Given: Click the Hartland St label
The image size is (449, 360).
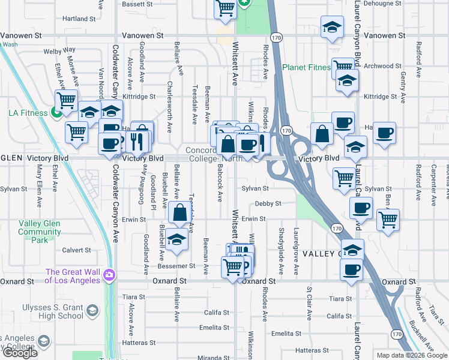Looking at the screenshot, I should click(x=79, y=19).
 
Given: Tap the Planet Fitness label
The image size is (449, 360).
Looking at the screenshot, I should click(x=306, y=68).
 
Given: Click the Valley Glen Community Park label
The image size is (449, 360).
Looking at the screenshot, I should click(x=40, y=232).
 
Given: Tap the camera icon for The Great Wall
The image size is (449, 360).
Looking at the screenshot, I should click(x=110, y=275).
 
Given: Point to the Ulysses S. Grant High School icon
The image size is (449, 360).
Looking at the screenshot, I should click(x=92, y=310).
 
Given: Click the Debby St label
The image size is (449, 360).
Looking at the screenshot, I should click(x=267, y=204).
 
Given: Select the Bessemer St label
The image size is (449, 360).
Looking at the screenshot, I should click(x=176, y=266).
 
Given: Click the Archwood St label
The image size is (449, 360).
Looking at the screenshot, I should click(x=382, y=66).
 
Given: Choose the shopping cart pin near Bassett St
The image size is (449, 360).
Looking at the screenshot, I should click(x=225, y=8).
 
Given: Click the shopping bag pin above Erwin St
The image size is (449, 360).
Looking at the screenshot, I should click(x=180, y=212).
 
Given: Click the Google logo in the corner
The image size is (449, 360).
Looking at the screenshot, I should click(x=20, y=353).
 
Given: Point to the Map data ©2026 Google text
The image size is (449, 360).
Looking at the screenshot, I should click(x=411, y=355).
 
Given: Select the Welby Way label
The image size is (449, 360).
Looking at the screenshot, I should click(x=59, y=51).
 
